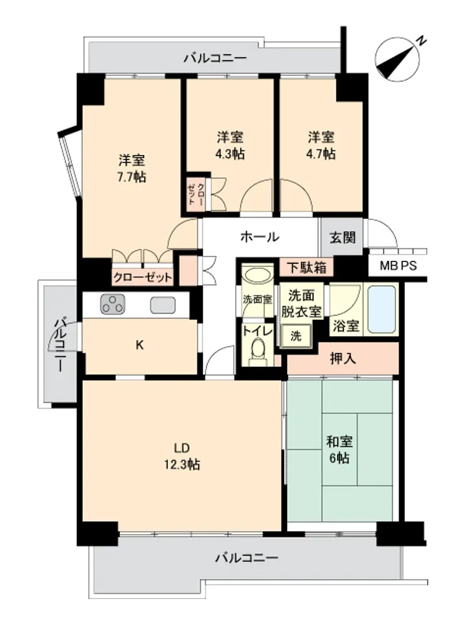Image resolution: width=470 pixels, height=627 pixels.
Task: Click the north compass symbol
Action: [x=398, y=60]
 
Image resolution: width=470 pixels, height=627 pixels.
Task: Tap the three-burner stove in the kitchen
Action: [x=113, y=304]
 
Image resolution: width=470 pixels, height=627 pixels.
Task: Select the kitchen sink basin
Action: [x=163, y=305]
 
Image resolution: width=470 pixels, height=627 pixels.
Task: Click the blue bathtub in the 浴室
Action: [x=382, y=308]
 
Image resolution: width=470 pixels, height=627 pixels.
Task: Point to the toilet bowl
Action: [x=258, y=351]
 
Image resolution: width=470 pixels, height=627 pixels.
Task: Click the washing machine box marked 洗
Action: [x=296, y=335]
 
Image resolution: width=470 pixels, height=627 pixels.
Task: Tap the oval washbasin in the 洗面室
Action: [x=258, y=275]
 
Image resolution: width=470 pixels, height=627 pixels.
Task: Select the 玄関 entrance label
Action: [x=343, y=238]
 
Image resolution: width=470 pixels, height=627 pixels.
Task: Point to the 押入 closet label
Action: [x=343, y=359]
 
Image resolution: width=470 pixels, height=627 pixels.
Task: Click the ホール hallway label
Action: [x=260, y=237]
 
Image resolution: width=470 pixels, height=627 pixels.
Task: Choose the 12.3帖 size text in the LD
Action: [x=182, y=464]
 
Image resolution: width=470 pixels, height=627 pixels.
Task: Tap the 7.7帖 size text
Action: [x=132, y=177]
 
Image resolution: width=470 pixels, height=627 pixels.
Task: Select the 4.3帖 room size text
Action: [x=230, y=154]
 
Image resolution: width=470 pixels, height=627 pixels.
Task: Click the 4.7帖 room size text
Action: [x=321, y=154]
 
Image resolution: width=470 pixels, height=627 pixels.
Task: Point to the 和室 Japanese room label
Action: [x=339, y=441]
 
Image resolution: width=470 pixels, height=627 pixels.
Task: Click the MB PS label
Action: [x=398, y=265]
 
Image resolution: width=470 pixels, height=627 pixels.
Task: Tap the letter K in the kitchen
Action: [x=140, y=345]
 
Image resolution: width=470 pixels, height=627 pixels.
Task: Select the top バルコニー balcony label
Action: [x=215, y=58]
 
